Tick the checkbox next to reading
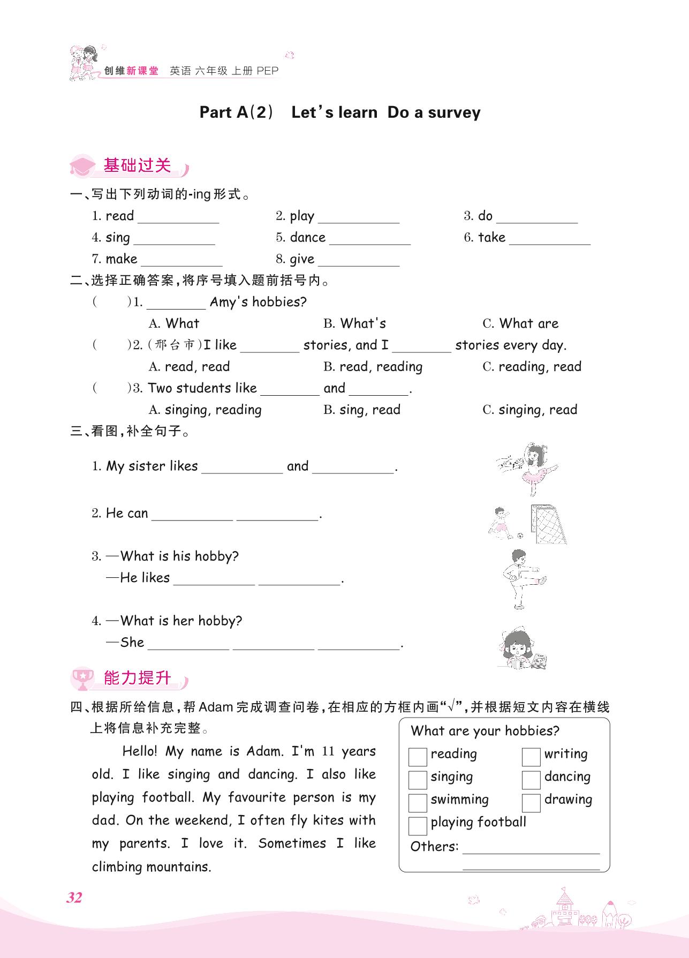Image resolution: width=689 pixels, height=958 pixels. [x=418, y=757]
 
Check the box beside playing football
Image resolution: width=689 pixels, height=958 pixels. [x=418, y=825]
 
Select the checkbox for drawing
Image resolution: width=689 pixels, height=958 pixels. [x=531, y=802]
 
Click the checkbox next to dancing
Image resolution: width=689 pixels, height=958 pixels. [x=531, y=780]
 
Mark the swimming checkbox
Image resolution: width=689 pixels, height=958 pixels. [x=418, y=802]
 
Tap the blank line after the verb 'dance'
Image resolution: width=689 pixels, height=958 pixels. [x=370, y=239]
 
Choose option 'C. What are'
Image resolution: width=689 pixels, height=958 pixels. [x=520, y=323]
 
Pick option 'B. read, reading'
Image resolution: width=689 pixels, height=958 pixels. [x=373, y=367]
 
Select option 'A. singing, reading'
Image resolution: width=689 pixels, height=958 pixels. [x=205, y=410]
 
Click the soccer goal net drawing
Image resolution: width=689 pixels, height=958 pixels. [x=548, y=525]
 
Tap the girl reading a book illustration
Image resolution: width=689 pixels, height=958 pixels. [x=518, y=650]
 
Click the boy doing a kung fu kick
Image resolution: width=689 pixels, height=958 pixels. [x=522, y=578]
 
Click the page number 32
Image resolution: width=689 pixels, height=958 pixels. [x=74, y=897]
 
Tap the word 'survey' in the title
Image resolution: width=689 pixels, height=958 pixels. [x=454, y=113]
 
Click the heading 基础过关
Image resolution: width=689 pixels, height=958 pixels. [x=137, y=166]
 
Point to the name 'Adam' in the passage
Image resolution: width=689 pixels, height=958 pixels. [x=264, y=751]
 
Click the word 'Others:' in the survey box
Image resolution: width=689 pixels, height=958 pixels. [x=434, y=847]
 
